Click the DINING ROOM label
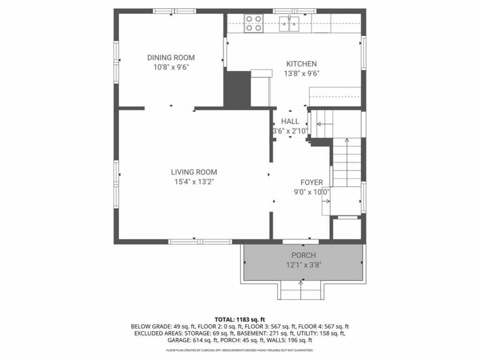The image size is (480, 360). click(x=171, y=58)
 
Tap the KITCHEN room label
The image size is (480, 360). click(x=301, y=64)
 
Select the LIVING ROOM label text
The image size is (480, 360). click(x=194, y=172)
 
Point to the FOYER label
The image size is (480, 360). click(x=312, y=183)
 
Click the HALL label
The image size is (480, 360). click(x=290, y=121)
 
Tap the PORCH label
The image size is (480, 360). click(x=304, y=255)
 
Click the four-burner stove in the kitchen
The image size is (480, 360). click(x=254, y=23)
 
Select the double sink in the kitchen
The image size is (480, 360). click(x=289, y=24)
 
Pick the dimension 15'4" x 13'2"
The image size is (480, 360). click(x=194, y=182)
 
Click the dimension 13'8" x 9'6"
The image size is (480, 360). click(x=301, y=74)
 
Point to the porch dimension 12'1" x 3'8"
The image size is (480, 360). click(x=304, y=265)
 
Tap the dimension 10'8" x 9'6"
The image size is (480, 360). click(x=171, y=67)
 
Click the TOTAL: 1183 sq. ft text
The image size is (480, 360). click(x=240, y=320)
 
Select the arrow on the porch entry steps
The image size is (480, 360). click(x=300, y=290)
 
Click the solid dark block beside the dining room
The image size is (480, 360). click(x=237, y=89)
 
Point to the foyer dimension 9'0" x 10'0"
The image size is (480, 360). click(x=312, y=192)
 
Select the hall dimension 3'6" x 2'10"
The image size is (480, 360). click(x=290, y=131)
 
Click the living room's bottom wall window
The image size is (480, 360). click(x=200, y=242)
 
